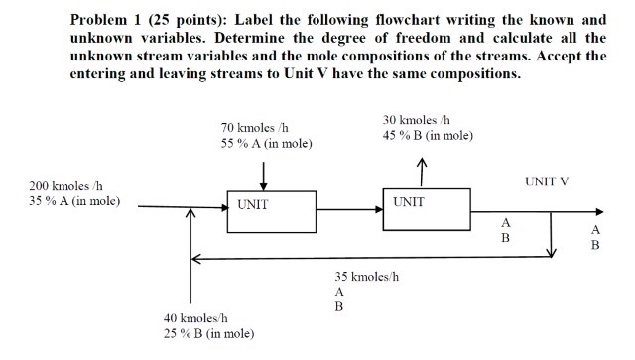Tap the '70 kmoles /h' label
[x=254, y=128]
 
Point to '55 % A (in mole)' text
[x=266, y=143]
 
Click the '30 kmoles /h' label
[x=416, y=120]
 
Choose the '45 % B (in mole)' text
[x=427, y=135]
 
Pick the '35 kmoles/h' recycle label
[x=367, y=276]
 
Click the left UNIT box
[x=264, y=209]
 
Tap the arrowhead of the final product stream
[x=596, y=211]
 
